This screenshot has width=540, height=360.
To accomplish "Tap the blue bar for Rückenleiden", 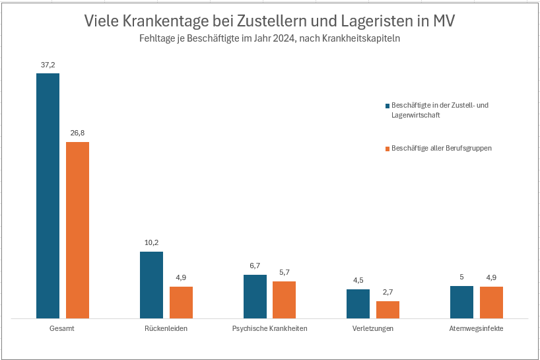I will tap(151, 285).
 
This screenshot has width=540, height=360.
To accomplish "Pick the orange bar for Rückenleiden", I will tap(181, 302).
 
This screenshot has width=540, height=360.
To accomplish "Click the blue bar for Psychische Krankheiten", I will tap(255, 296).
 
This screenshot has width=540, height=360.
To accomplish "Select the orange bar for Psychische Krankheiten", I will tap(284, 299).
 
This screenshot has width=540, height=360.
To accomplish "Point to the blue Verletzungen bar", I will tap(358, 303).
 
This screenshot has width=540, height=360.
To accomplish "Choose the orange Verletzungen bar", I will tap(388, 309).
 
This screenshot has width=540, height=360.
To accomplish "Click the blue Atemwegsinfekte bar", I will tap(461, 302).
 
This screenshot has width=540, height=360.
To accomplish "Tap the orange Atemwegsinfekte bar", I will tap(491, 302).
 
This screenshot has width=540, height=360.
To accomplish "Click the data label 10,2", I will tap(151, 242).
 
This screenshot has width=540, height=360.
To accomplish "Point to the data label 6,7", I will tap(255, 266).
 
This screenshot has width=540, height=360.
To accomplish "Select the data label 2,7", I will tap(388, 292).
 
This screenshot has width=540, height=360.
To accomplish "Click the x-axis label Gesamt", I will tap(61, 328).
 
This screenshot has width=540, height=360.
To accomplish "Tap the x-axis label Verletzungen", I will tap(373, 328).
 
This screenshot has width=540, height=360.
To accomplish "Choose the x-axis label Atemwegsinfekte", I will tap(476, 328).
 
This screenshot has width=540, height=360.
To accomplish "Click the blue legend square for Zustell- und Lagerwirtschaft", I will tap(388, 106).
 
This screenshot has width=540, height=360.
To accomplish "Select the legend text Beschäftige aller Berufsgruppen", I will tap(441, 149).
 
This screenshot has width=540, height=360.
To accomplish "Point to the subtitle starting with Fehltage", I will tap(269, 39).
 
